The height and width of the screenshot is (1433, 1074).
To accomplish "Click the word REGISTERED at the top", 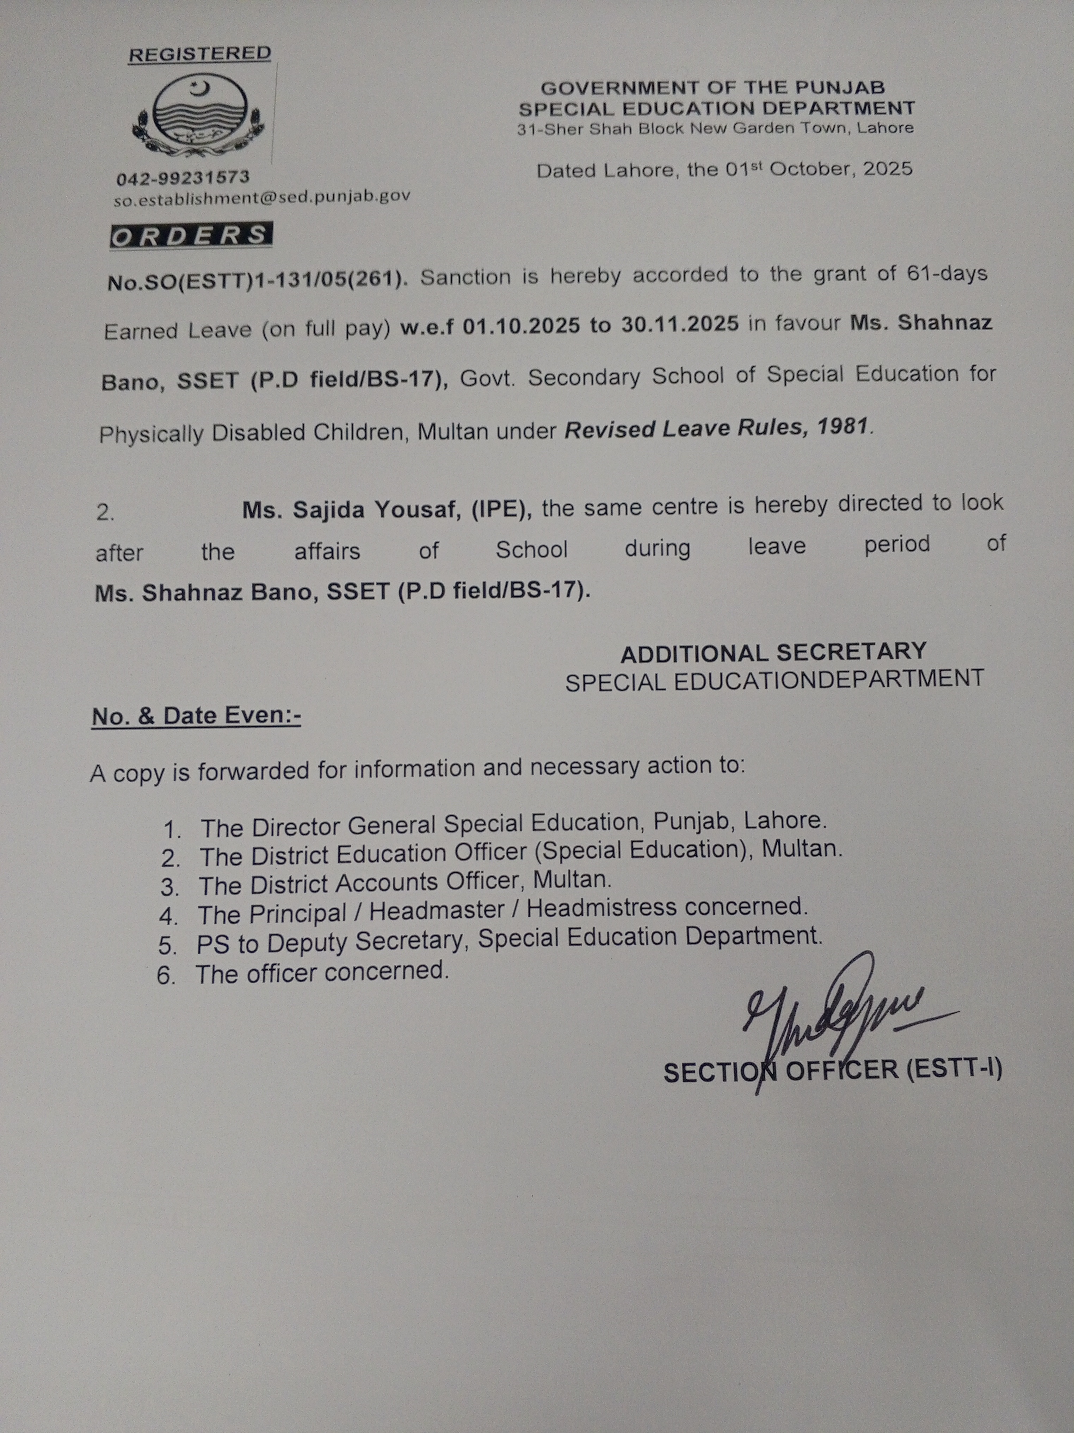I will click(199, 54).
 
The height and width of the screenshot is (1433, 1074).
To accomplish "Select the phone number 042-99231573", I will click(183, 177).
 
